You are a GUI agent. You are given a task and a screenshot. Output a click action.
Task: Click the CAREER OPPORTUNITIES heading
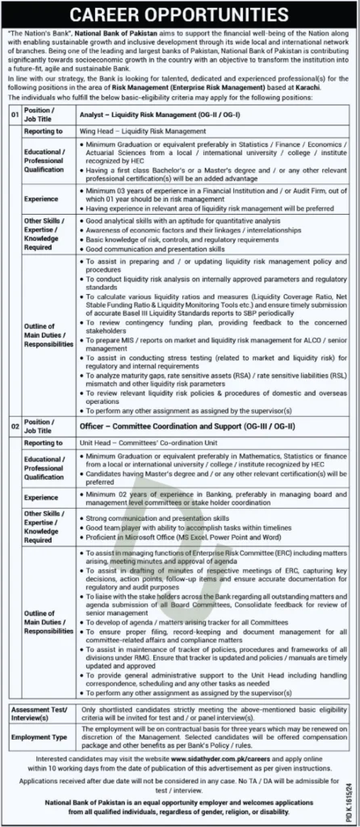pos(180,15)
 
